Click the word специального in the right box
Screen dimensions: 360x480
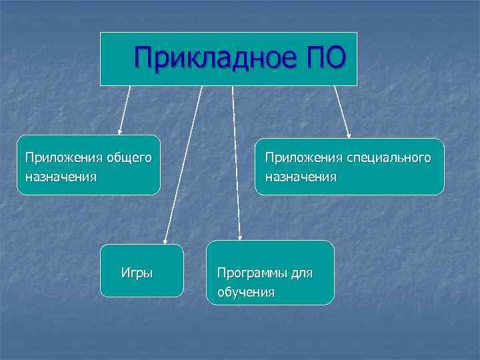coord(388,158)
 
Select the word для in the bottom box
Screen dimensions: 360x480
coord(299,273)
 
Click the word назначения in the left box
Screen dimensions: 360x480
coord(61,177)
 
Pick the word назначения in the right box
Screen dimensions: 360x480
coord(301,177)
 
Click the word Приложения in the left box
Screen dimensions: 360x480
coord(61,158)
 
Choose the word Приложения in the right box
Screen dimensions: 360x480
coord(301,158)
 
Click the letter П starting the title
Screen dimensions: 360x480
coord(143,58)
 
